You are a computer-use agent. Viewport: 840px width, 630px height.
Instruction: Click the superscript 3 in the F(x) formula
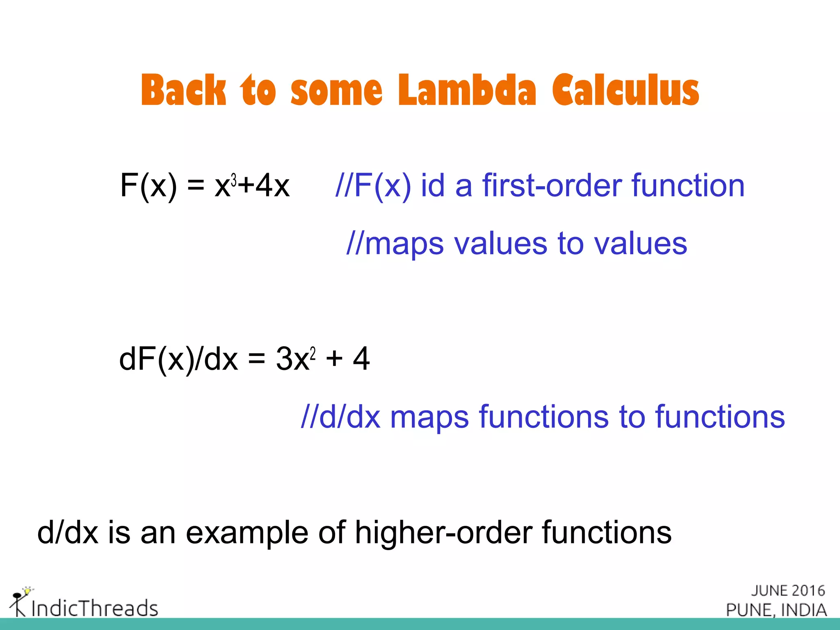(234, 180)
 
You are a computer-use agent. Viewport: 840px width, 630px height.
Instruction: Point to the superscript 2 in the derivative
(313, 353)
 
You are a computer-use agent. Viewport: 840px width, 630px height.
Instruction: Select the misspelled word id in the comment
(433, 185)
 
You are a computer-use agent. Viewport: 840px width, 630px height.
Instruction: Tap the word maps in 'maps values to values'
(404, 244)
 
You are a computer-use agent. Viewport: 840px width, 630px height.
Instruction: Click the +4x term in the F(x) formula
(265, 185)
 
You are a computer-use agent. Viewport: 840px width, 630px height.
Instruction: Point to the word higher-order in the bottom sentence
(443, 532)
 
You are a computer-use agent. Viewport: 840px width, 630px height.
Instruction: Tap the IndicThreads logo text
(94, 608)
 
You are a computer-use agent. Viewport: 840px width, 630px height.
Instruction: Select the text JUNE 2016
(788, 591)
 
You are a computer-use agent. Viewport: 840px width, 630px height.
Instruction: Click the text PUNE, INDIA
(776, 610)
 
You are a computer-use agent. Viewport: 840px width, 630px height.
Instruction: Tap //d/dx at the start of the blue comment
(340, 417)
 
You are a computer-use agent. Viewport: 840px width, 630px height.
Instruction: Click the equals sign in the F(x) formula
(196, 185)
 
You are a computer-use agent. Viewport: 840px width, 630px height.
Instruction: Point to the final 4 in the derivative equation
(361, 359)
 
